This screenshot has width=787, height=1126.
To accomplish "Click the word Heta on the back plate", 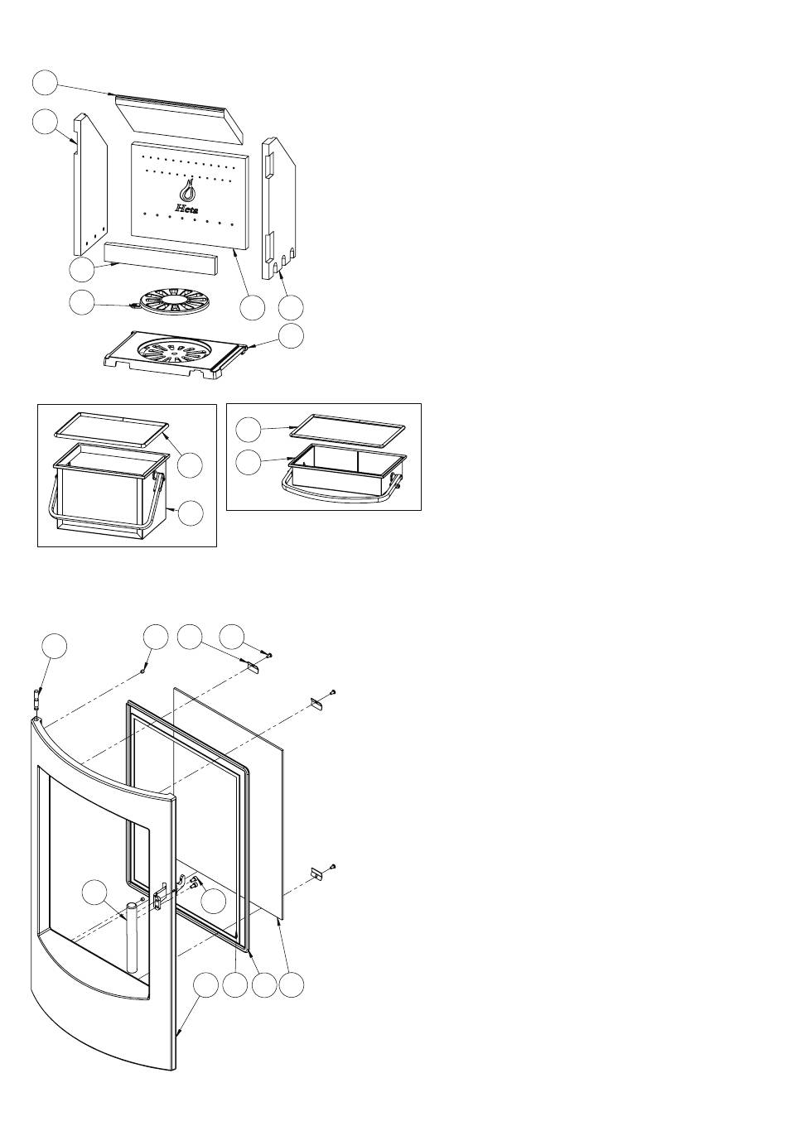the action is [x=187, y=209].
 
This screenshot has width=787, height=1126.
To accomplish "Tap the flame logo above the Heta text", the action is [x=189, y=190].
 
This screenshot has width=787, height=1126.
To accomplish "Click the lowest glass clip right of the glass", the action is [x=316, y=873].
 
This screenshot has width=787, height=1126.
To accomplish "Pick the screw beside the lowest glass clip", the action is [x=332, y=866].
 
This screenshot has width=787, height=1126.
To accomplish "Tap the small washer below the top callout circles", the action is [x=142, y=672].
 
